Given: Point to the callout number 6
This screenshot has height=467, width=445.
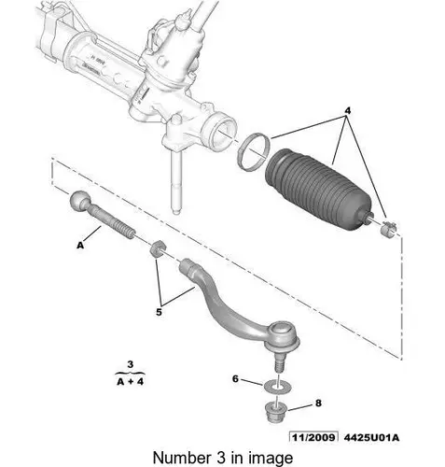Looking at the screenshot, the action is [235, 379].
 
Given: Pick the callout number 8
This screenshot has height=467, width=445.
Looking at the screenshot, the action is [318, 403].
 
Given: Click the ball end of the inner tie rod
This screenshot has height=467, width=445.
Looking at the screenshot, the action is [78, 203].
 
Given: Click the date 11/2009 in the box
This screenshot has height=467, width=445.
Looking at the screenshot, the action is [313, 434].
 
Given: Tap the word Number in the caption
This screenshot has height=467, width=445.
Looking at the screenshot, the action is [178, 456].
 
